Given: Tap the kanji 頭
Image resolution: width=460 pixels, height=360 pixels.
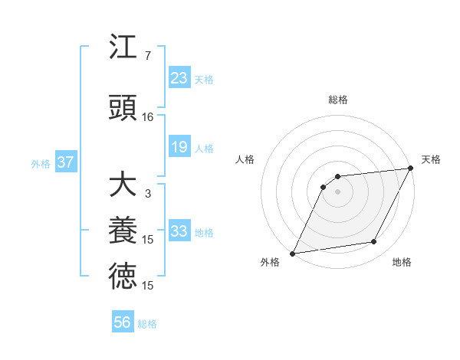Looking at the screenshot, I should tap(123, 110).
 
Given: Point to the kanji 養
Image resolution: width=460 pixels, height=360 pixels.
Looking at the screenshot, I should tap(123, 231).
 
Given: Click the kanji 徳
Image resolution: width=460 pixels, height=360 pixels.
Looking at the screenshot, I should tap(123, 277).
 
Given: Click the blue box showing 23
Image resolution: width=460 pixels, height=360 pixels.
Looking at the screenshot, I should tap(179, 78).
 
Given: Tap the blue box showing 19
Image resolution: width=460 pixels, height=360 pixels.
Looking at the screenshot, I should tap(179, 147).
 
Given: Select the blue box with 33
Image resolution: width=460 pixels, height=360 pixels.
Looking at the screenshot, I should tap(179, 231).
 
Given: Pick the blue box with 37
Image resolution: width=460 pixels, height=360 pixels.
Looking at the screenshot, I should tap(65, 162).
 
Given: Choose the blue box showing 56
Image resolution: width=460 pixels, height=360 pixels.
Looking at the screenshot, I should tap(123, 322).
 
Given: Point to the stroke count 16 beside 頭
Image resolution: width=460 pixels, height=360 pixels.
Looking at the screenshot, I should tap(147, 117).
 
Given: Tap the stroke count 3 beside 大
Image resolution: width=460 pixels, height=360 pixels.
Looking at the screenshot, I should tap(147, 194).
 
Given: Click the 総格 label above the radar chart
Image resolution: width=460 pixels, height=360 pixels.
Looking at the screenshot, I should tap(337, 100).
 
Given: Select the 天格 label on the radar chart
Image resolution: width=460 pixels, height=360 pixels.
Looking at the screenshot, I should tap(431, 159).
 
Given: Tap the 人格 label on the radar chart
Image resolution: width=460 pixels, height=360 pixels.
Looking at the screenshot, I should tap(245, 159).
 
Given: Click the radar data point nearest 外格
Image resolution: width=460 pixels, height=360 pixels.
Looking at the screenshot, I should tap(292, 254).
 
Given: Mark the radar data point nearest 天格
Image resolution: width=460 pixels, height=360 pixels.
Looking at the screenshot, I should tap(410, 169).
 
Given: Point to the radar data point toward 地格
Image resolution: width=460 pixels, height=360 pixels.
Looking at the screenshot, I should tap(374, 242).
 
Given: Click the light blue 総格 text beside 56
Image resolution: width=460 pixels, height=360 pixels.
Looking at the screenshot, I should tap(147, 324).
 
